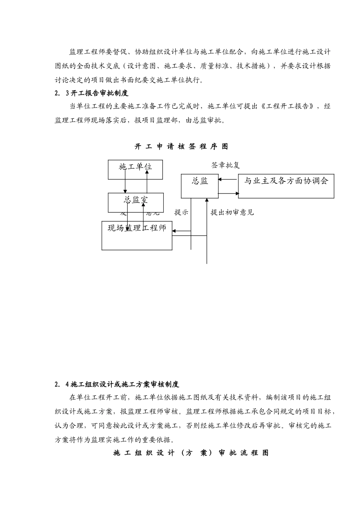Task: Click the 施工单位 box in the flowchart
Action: [x=135, y=169]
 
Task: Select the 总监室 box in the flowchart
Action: [x=136, y=202]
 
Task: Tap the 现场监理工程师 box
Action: [x=137, y=236]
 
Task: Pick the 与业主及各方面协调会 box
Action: [x=286, y=186]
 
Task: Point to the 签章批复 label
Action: [x=225, y=165]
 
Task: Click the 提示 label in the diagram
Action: [x=181, y=212]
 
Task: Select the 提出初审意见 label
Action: [x=232, y=212]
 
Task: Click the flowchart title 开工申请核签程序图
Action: [x=181, y=147]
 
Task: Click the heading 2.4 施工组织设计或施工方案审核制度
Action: [x=117, y=384]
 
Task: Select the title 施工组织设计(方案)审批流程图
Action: [x=191, y=453]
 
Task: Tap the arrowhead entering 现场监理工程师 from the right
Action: [x=175, y=231]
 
